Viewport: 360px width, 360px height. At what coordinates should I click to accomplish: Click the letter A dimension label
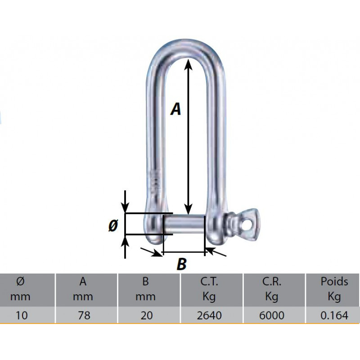point(175,109)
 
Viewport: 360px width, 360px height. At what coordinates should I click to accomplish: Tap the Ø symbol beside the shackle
point(113,225)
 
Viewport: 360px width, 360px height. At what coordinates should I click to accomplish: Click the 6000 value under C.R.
point(272,315)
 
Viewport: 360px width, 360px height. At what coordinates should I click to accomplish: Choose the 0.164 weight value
point(334,315)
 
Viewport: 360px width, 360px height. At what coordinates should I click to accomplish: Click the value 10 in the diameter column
point(21,315)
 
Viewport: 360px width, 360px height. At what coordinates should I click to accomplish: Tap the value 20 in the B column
point(146,315)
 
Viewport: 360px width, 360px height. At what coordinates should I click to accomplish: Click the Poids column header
point(334,282)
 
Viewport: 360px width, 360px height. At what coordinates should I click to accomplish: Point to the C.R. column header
point(272,282)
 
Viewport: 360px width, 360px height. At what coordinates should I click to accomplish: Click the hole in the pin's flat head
point(247,222)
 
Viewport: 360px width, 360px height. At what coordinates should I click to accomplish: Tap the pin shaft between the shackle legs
point(184,224)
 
